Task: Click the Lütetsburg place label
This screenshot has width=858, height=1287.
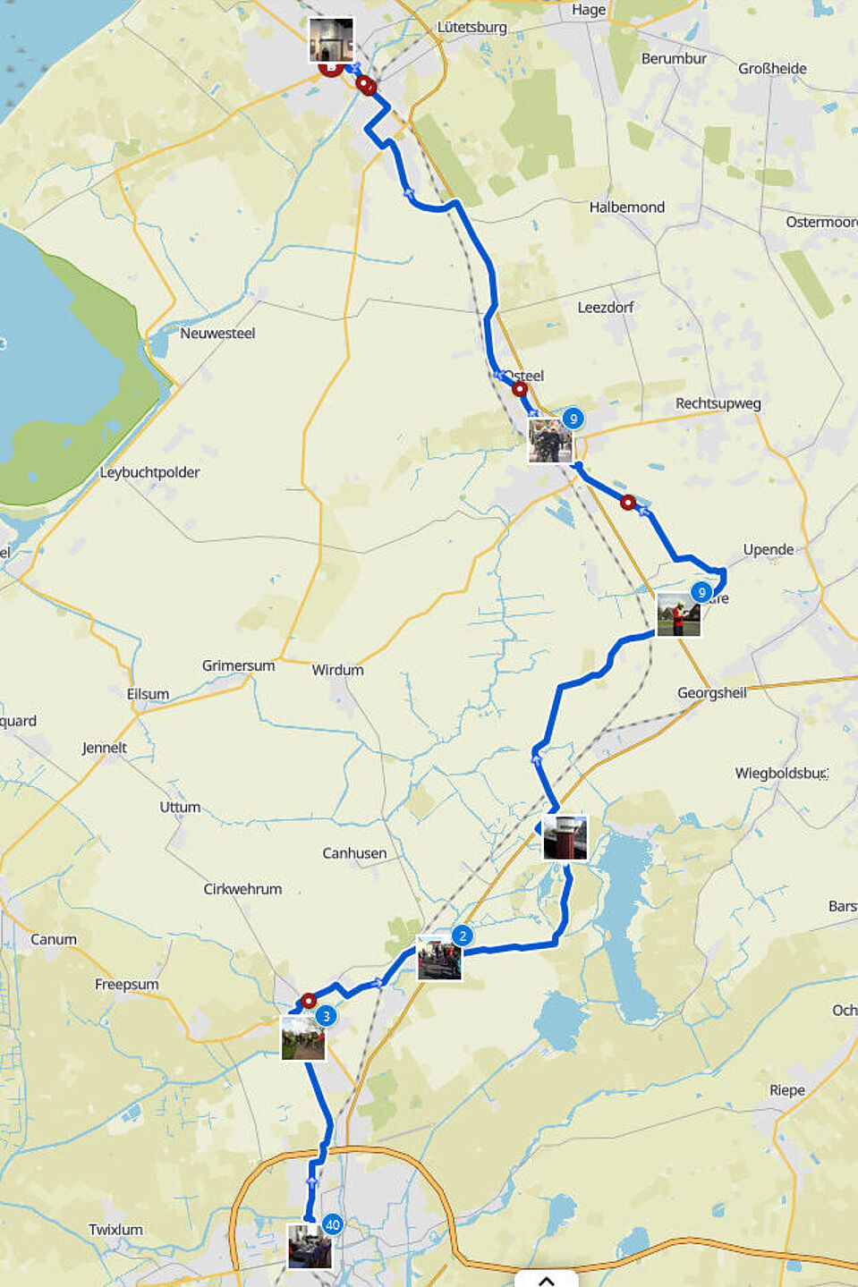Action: click(x=471, y=28)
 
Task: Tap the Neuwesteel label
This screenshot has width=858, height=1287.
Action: click(x=217, y=334)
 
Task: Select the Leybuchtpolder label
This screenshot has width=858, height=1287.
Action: click(x=149, y=472)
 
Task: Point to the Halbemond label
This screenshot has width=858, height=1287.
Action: click(x=626, y=207)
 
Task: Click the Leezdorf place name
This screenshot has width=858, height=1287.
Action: click(x=606, y=308)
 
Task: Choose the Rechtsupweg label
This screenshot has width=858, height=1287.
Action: click(x=718, y=403)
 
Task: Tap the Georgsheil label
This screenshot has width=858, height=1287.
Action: click(x=711, y=693)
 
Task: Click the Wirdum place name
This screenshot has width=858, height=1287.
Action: click(x=337, y=670)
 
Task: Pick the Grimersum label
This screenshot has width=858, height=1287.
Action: click(x=238, y=665)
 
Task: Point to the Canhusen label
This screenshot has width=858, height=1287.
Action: click(x=354, y=853)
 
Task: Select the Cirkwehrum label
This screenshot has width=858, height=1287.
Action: click(x=242, y=889)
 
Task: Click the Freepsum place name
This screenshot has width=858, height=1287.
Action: click(x=127, y=985)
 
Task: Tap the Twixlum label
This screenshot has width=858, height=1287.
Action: click(x=115, y=1230)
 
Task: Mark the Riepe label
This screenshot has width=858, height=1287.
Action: click(x=787, y=1090)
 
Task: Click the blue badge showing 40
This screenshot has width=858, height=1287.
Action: click(x=333, y=1224)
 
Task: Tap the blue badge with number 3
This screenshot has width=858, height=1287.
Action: click(x=326, y=1016)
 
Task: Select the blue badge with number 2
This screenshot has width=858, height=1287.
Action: click(x=462, y=936)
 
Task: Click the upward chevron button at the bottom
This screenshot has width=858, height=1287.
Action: click(x=546, y=1280)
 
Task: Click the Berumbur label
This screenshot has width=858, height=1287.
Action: click(x=674, y=59)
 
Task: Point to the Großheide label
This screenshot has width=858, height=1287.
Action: click(x=772, y=69)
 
